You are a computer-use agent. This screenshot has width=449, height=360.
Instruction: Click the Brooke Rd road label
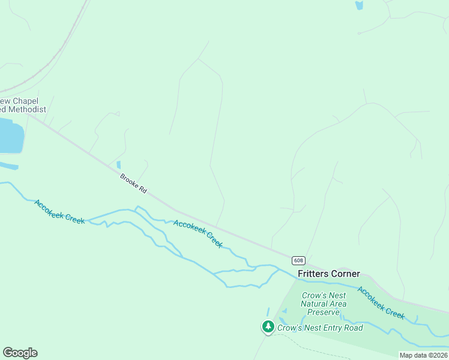133,183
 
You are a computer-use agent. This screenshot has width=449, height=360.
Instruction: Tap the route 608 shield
299,260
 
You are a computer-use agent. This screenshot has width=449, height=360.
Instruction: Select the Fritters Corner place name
329,274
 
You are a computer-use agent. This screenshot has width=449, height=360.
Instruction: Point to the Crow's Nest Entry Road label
320,328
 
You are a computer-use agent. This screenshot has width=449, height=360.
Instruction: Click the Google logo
20,353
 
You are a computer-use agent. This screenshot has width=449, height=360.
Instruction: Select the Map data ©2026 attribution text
423,355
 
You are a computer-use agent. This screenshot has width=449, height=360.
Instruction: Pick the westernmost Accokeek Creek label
59,212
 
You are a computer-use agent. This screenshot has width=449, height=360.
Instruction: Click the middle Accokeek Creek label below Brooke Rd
198,234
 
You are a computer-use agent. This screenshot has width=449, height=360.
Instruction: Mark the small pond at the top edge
359,5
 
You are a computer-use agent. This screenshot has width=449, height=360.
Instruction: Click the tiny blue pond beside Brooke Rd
118,164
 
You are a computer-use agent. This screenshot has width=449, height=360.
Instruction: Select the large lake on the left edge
10,136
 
